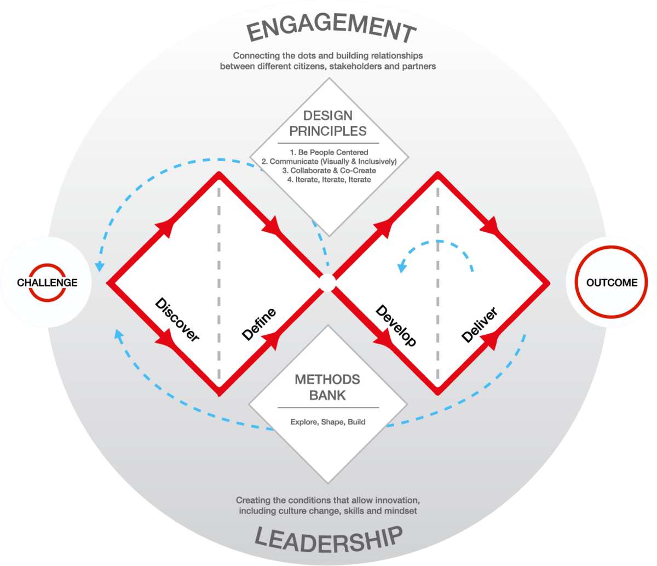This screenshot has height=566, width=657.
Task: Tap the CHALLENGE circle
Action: coord(47,283)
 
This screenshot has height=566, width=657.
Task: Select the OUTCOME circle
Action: coord(612,283)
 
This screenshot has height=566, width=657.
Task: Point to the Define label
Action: coord(258,324)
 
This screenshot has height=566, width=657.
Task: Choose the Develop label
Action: coord(396,325)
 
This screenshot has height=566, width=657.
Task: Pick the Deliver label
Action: coord(479,325)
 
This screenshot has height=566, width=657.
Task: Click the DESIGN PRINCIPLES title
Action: coord(328,123)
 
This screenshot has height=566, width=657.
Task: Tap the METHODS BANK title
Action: coord(328,387)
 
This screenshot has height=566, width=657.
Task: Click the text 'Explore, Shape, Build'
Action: coord(328,422)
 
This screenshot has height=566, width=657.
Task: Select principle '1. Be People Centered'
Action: coord(328,152)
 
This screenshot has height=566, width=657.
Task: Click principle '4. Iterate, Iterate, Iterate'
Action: coord(328,180)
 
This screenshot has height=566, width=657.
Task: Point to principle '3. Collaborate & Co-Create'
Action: coord(328,170)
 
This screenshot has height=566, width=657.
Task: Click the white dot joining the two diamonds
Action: coord(327,283)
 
